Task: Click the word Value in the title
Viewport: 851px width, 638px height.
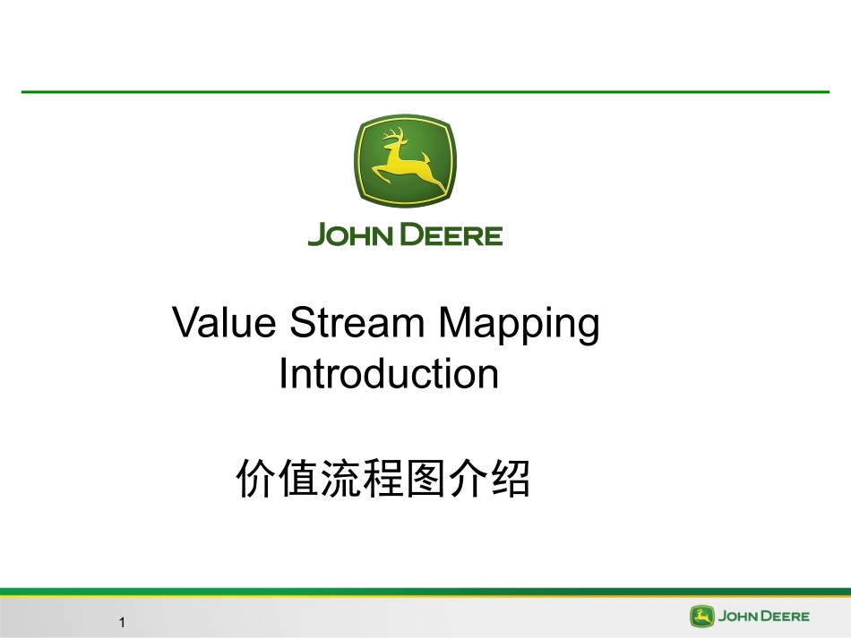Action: pos(224,322)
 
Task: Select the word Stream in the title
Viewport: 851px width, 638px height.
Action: pos(357,322)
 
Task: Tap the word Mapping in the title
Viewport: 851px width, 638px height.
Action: pos(519,325)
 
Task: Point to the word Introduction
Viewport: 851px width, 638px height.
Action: pos(389,373)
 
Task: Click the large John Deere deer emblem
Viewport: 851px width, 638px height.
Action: pos(405,160)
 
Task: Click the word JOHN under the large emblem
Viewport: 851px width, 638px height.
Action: pos(350,234)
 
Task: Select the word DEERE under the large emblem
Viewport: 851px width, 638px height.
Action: pos(451,234)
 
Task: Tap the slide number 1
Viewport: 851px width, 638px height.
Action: pos(122,622)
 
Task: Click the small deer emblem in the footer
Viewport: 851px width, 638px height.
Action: pos(701,617)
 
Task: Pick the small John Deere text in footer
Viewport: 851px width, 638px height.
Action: pos(763,617)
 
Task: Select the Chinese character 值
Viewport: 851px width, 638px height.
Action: pos(299,479)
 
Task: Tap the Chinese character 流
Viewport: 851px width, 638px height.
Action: pos(341,479)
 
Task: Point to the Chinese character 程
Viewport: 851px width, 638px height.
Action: pos(383,479)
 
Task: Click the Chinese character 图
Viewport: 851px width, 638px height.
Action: pos(426,479)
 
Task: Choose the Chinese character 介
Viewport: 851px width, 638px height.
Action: pos(468,479)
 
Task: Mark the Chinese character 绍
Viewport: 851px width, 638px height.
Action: pos(511,479)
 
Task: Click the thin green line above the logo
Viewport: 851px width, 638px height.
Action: pos(425,92)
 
